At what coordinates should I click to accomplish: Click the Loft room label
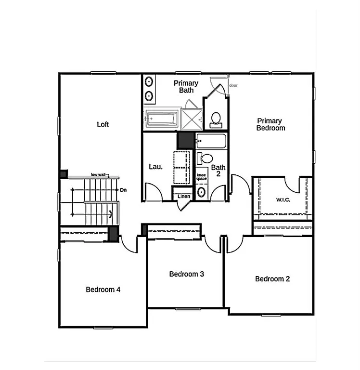coord(103,124)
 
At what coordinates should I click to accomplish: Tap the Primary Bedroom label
coord(270,124)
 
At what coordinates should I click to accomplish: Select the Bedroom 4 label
coord(103,290)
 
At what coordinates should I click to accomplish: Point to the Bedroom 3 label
coord(187,274)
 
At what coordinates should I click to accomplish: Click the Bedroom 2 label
coord(272,279)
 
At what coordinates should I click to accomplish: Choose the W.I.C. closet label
coord(283,199)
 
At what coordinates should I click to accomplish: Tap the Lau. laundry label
coord(155,167)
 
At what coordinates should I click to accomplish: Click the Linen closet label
coord(184,197)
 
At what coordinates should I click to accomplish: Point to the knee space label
coord(202,176)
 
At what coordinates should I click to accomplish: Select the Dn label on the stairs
coord(124,190)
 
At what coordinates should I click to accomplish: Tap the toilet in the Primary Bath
coord(216,119)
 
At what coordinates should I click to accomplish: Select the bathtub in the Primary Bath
coord(162,119)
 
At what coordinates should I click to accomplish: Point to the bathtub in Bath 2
coord(211,142)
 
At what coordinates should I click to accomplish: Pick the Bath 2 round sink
coord(202,193)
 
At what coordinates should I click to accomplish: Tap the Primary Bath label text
coord(186,87)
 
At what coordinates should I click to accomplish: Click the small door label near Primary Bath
coord(233,85)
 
